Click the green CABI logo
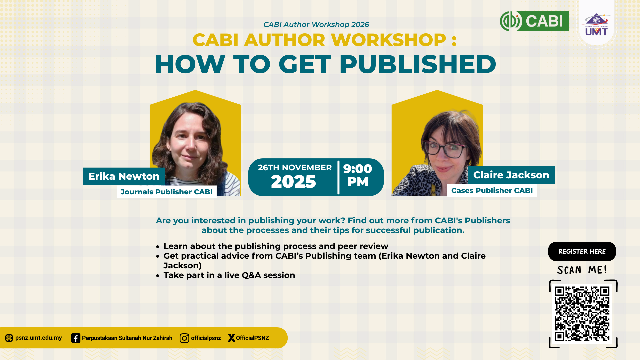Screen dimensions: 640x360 pyautogui.click(x=534, y=21)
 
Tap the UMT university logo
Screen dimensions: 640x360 pyautogui.click(x=596, y=24)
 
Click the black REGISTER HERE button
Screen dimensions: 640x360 pyautogui.click(x=582, y=251)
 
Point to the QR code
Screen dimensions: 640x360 pyautogui.click(x=582, y=314)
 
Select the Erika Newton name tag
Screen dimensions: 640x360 pyautogui.click(x=124, y=176)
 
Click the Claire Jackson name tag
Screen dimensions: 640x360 pyautogui.click(x=511, y=175)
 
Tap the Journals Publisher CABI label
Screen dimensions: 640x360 pyautogui.click(x=167, y=192)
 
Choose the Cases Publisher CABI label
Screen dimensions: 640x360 pyautogui.click(x=492, y=191)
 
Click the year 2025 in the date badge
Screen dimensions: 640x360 pyautogui.click(x=293, y=182)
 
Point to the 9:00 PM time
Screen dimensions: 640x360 pyautogui.click(x=358, y=175)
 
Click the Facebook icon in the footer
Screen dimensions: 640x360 pyautogui.click(x=76, y=338)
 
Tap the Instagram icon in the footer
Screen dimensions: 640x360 pyautogui.click(x=184, y=338)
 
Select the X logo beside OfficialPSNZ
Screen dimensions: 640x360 pyautogui.click(x=231, y=338)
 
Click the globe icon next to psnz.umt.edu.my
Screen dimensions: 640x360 pyautogui.click(x=9, y=338)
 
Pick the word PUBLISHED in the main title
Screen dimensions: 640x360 pyautogui.click(x=418, y=64)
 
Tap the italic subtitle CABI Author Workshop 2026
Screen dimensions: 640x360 pyautogui.click(x=316, y=25)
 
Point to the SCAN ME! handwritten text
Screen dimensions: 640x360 pyautogui.click(x=582, y=270)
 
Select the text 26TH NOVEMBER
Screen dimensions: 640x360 pyautogui.click(x=295, y=168)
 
